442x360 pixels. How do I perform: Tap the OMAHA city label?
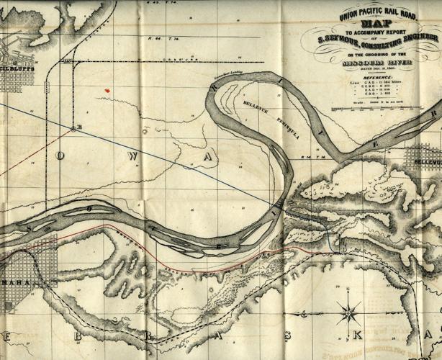[16, 282]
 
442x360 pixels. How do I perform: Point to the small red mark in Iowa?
[107, 89]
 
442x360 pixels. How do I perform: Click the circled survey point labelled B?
[73, 130]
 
